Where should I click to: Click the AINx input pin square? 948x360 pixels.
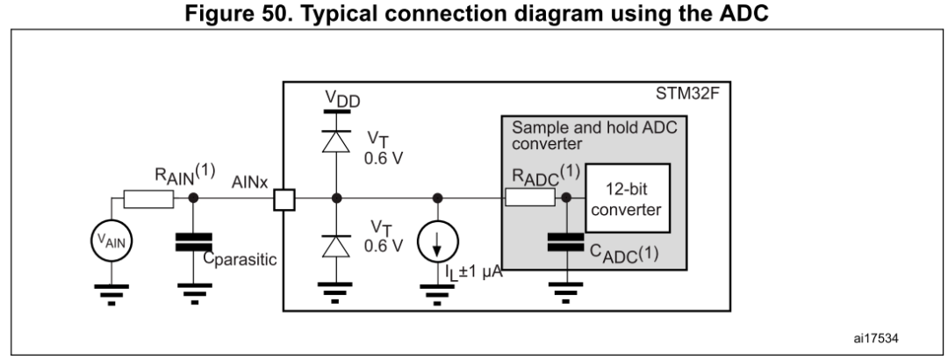point(283,199)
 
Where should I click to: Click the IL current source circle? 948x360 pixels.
point(437,243)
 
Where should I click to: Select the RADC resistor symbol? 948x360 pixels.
point(529,199)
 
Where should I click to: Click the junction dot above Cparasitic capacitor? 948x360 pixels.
point(192,199)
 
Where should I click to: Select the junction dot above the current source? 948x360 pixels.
point(437,199)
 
